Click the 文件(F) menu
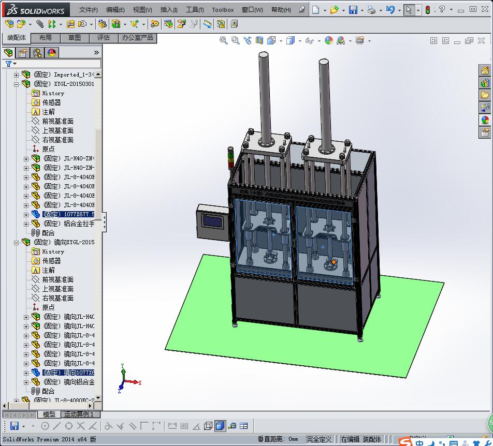(89, 10)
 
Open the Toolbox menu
(223, 10)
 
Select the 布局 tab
(46, 38)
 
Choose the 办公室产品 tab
(137, 38)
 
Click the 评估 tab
(104, 38)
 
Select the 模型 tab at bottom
(49, 414)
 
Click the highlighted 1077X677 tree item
(68, 214)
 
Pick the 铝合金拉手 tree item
(68, 224)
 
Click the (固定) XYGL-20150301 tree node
(64, 84)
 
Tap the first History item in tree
(53, 93)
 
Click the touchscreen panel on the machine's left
(213, 221)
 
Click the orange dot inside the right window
(334, 262)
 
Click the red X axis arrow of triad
(136, 382)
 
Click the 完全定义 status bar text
(318, 439)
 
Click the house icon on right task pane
(485, 71)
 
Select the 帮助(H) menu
(281, 10)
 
